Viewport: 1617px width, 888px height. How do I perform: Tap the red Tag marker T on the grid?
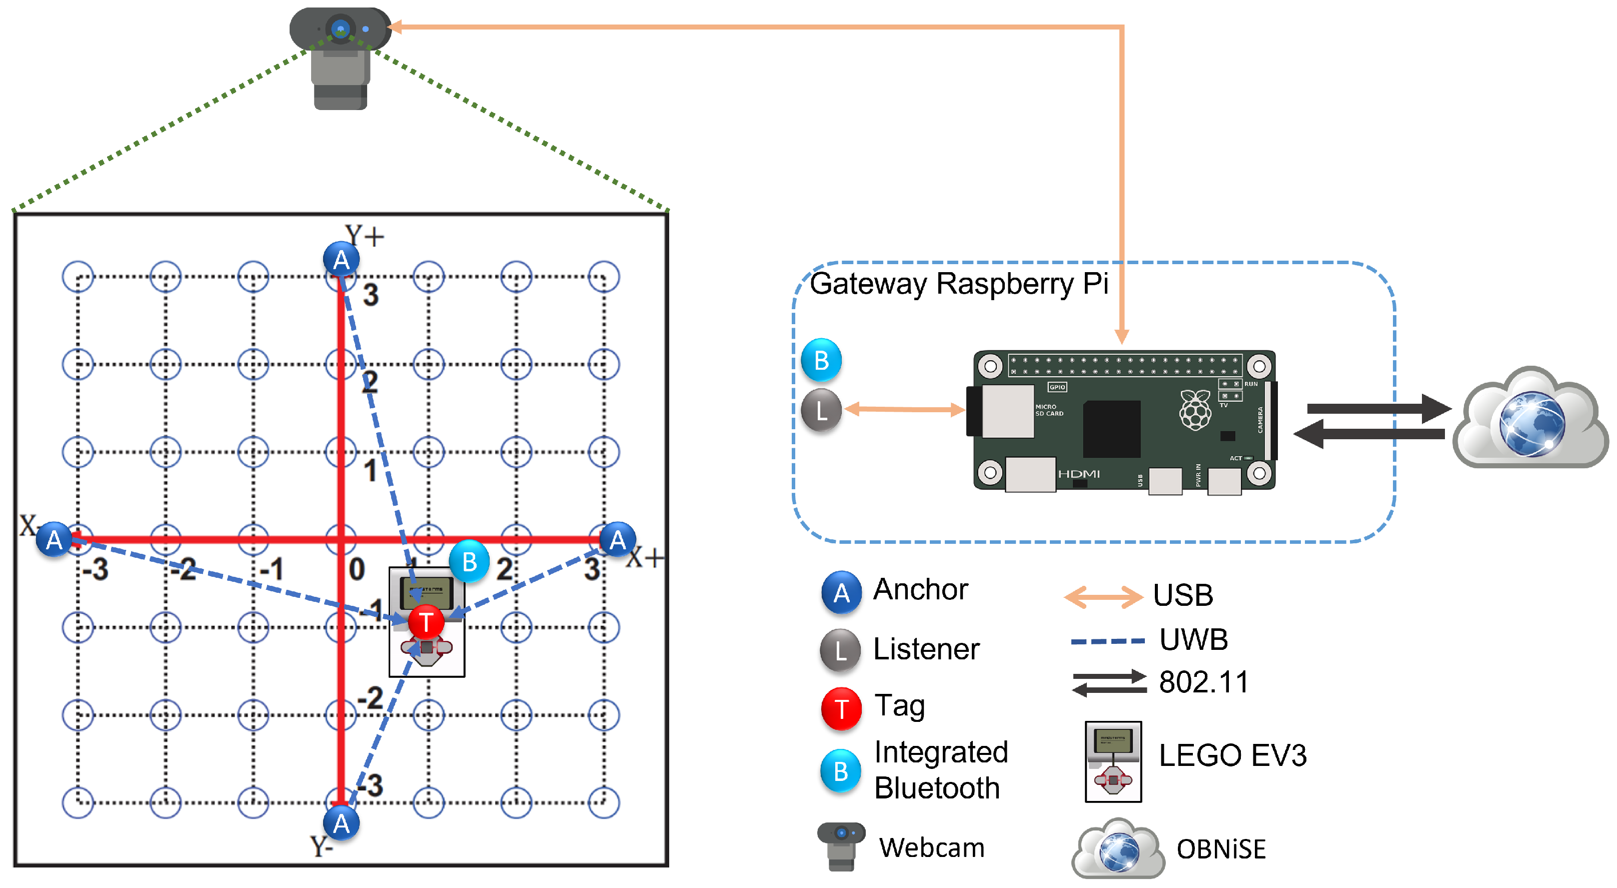[426, 622]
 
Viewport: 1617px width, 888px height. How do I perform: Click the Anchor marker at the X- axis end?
[55, 539]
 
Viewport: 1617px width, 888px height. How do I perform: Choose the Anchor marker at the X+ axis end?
[618, 539]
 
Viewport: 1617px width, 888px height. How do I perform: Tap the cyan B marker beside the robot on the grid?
[469, 561]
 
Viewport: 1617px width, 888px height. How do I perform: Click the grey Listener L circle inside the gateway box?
[821, 411]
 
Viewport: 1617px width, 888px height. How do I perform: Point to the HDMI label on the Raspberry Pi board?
[1078, 473]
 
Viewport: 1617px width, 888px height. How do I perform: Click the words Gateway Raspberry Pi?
[958, 283]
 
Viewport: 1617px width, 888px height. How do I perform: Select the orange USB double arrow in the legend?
[1103, 597]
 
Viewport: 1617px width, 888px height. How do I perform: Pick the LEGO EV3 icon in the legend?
[1113, 761]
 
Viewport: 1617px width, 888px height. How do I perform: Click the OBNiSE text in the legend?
[1221, 849]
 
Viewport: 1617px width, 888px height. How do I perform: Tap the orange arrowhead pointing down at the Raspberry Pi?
[1122, 336]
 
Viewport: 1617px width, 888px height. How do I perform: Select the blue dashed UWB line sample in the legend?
[1108, 641]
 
